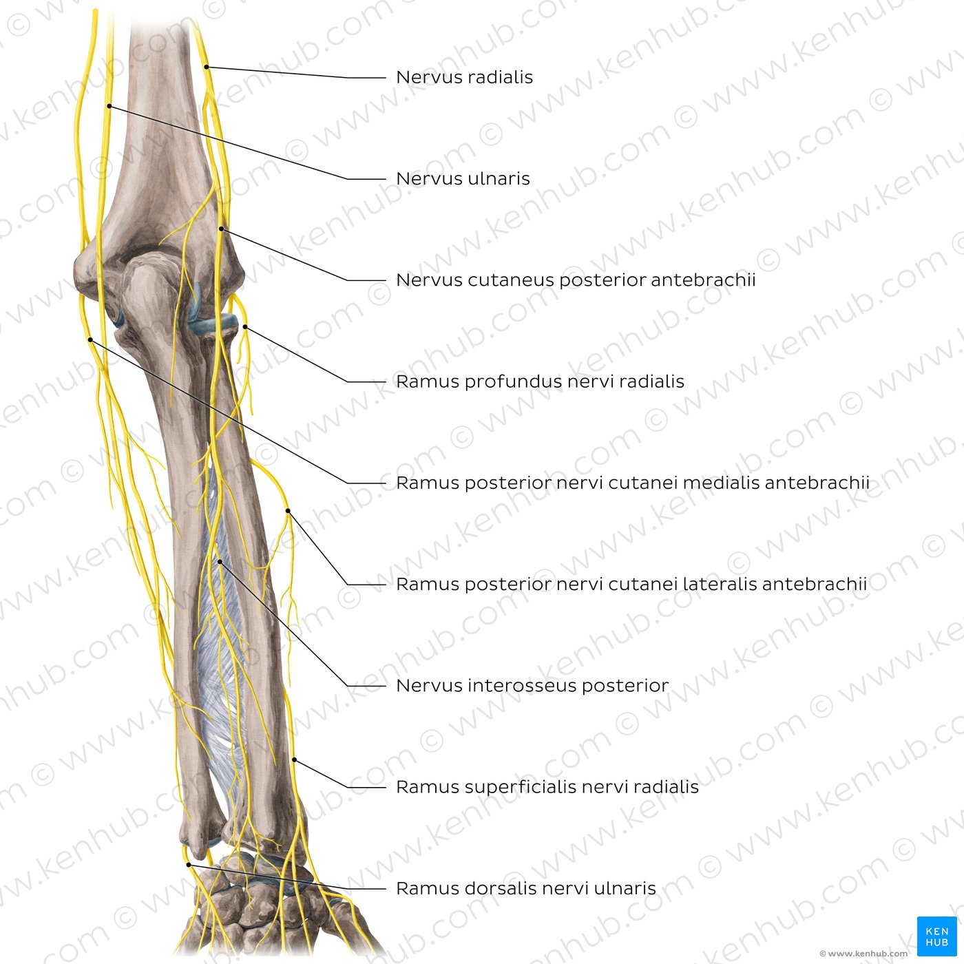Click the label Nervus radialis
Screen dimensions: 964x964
464,78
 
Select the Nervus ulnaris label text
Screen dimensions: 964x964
463,179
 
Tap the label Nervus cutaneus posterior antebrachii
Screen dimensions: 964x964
576,281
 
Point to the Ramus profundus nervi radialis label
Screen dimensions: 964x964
541,382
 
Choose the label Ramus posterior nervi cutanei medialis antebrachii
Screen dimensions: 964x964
633,483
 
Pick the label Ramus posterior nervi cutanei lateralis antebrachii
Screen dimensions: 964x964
631,585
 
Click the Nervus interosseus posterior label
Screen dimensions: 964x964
532,686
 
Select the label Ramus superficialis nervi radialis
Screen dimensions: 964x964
547,788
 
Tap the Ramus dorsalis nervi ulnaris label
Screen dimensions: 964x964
526,889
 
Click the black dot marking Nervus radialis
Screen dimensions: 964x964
207,67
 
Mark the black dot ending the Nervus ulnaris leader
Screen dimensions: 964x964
109,106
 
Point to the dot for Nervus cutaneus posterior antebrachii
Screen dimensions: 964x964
221,229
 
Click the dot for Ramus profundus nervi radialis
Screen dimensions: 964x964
245,327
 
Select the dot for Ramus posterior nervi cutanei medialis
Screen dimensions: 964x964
90,339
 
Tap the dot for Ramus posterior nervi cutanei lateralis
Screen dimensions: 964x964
288,511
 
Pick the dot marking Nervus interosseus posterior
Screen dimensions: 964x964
220,562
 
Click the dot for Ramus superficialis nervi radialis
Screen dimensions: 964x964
295,760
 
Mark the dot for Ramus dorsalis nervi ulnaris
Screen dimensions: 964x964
189,864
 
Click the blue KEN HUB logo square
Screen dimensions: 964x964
936,936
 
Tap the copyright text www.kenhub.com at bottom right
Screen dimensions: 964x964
863,954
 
